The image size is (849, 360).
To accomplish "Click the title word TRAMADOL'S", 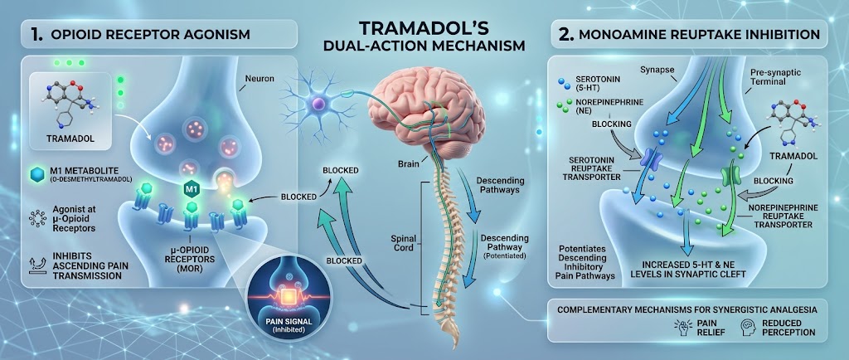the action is pyautogui.click(x=424, y=27).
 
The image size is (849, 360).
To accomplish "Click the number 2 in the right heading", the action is pyautogui.click(x=564, y=33).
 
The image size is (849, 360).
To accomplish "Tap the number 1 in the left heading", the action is pyautogui.click(x=36, y=34).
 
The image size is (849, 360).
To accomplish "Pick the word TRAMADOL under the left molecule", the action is pyautogui.click(x=70, y=139).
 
